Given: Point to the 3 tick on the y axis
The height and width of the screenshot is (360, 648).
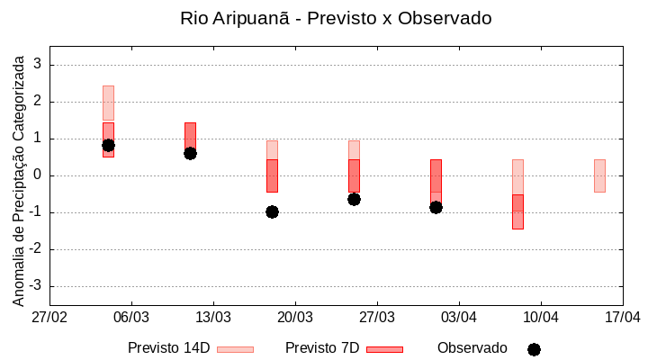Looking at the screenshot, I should click(38, 65).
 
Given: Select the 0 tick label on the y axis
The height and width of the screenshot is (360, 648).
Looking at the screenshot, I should click(38, 175).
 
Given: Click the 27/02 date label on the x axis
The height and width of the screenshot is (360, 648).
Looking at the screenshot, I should click(49, 317).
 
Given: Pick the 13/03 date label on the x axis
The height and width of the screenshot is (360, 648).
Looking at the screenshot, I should click(213, 317).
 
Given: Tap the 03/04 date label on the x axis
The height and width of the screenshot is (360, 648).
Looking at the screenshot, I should click(459, 317).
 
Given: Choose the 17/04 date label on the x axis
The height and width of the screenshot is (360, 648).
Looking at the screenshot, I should click(623, 317).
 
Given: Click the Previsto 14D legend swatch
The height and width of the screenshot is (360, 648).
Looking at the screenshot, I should click(235, 349).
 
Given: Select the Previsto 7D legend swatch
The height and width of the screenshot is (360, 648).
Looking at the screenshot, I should click(384, 349).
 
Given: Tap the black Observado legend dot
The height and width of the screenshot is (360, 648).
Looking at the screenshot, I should click(534, 349).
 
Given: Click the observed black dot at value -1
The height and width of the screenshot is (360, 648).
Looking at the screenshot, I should click(272, 211).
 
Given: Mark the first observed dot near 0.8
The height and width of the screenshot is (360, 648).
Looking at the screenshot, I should click(108, 145).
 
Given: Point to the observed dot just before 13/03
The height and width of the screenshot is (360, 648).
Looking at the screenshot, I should click(190, 153).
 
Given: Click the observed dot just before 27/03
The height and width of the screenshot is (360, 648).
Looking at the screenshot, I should click(354, 199).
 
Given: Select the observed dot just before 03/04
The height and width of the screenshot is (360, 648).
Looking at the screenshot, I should click(436, 207).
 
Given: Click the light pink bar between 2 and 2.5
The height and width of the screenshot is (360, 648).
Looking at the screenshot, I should click(108, 103).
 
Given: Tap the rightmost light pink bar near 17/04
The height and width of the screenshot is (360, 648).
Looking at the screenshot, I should click(599, 175).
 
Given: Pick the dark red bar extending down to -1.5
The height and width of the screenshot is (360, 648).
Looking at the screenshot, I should click(517, 211).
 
